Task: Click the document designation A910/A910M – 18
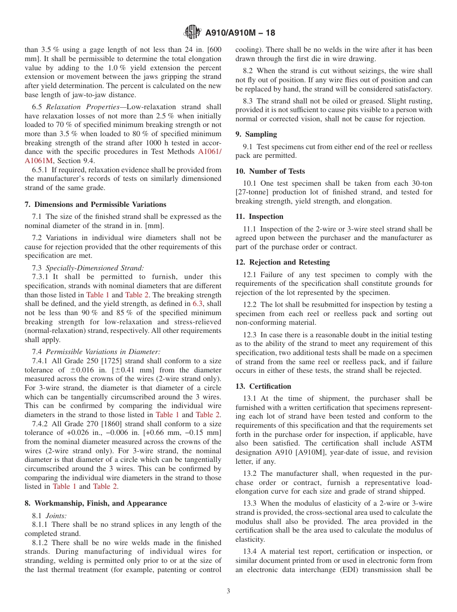pos(240,33)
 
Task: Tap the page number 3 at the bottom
pos(228,591)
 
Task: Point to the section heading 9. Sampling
pos(256,134)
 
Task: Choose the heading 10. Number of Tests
pos(270,171)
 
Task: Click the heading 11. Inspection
pos(259,217)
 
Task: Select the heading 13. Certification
pos(264,386)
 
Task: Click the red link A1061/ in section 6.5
pos(210,152)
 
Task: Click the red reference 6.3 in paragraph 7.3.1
pos(198,304)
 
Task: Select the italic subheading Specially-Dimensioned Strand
pos(95,268)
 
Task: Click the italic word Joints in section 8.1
pos(56,515)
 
